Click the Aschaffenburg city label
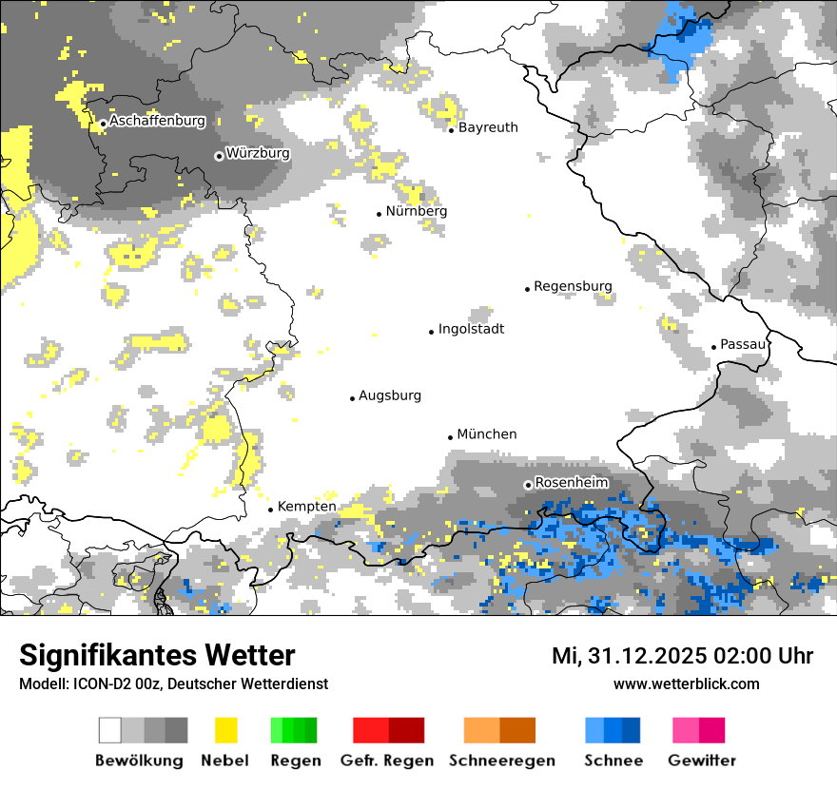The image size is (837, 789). point(157,122)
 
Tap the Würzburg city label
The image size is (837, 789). point(258,153)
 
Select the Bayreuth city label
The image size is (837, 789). point(488,127)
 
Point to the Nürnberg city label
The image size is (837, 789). point(416,211)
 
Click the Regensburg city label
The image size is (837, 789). point(573,286)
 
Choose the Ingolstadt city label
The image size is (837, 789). point(471,329)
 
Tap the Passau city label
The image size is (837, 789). point(743,344)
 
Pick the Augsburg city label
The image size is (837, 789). point(389,395)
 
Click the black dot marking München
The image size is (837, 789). point(451,437)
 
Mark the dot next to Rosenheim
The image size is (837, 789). point(528,485)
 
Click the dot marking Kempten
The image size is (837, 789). point(270,510)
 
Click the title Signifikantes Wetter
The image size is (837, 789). point(157,656)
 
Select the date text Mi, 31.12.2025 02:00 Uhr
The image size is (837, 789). point(682,656)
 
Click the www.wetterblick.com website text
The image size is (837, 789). point(686,683)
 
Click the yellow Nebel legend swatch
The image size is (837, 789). point(225,730)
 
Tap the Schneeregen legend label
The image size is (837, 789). point(501,760)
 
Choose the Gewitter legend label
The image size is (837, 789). point(701,760)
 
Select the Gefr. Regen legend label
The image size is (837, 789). point(387,760)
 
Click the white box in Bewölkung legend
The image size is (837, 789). point(110,730)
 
